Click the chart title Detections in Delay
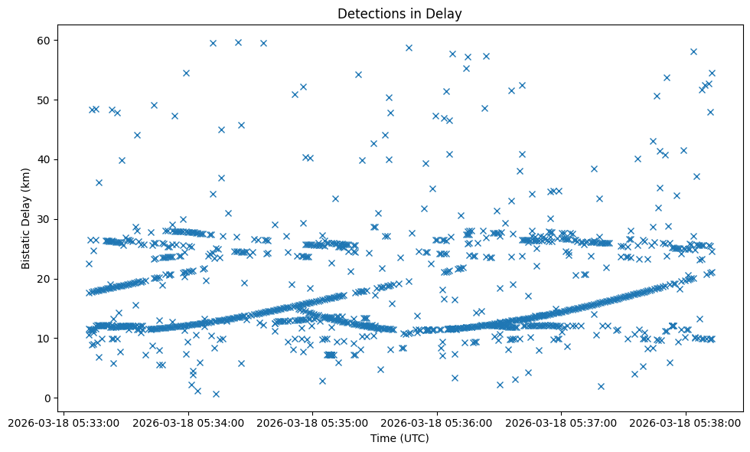(399, 13)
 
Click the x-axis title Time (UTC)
(399, 439)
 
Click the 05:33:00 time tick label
(64, 422)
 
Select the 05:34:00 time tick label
(188, 422)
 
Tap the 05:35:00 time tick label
(312, 422)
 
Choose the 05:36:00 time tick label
(437, 422)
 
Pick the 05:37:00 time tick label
(561, 422)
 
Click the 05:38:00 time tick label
(685, 422)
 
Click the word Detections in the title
(370, 13)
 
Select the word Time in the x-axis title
(383, 439)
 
